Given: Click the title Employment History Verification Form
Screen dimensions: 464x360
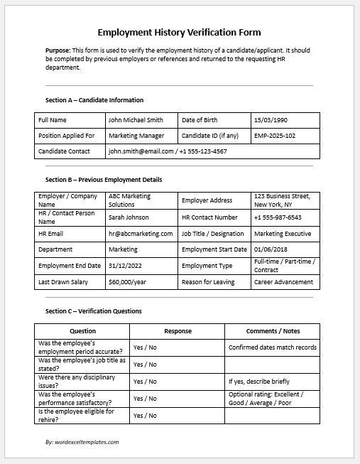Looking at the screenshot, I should pyautogui.click(x=179, y=32).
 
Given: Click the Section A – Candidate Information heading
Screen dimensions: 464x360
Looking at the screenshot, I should pyautogui.click(x=94, y=100).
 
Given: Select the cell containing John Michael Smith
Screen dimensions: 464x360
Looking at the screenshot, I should pyautogui.click(x=136, y=120).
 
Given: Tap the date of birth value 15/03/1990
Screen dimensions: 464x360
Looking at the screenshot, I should pyautogui.click(x=272, y=120).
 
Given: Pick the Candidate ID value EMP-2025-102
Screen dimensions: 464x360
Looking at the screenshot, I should pyautogui.click(x=275, y=136).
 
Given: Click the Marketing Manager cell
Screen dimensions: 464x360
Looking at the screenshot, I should pyautogui.click(x=136, y=136).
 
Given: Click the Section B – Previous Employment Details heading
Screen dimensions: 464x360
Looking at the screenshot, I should pyautogui.click(x=104, y=180).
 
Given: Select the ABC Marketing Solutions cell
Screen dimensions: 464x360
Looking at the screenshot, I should pyautogui.click(x=130, y=200).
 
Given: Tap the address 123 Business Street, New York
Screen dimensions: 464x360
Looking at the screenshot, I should pyautogui.click(x=282, y=200).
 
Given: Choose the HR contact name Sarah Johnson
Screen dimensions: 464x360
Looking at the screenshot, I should pyautogui.click(x=129, y=217).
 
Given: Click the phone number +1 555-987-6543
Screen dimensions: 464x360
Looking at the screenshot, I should pyautogui.click(x=278, y=217).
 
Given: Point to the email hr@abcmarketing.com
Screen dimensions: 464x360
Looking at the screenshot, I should pyautogui.click(x=141, y=234).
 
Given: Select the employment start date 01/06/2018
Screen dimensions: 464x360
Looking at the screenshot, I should pyautogui.click(x=271, y=249).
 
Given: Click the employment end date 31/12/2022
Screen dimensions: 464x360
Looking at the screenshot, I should pyautogui.click(x=125, y=266).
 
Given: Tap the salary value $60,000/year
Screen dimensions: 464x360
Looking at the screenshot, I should pyautogui.click(x=127, y=282).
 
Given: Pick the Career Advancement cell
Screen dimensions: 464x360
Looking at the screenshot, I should pyautogui.click(x=283, y=282).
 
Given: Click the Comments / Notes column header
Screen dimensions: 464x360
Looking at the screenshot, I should pyautogui.click(x=273, y=331).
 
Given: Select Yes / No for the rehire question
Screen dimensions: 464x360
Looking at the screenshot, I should pyautogui.click(x=145, y=416).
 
